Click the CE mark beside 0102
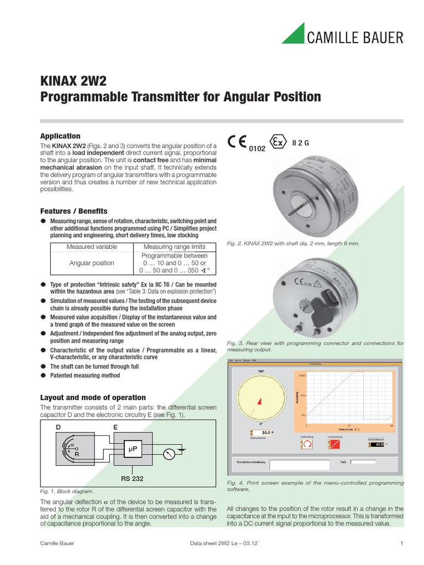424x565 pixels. coord(239,141)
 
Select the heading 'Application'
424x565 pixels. coord(60,136)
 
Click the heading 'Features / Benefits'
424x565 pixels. coord(74,211)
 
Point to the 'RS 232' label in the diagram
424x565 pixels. coord(132,478)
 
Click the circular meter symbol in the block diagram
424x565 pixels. coord(169,454)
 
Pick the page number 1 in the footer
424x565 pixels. coord(402,544)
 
